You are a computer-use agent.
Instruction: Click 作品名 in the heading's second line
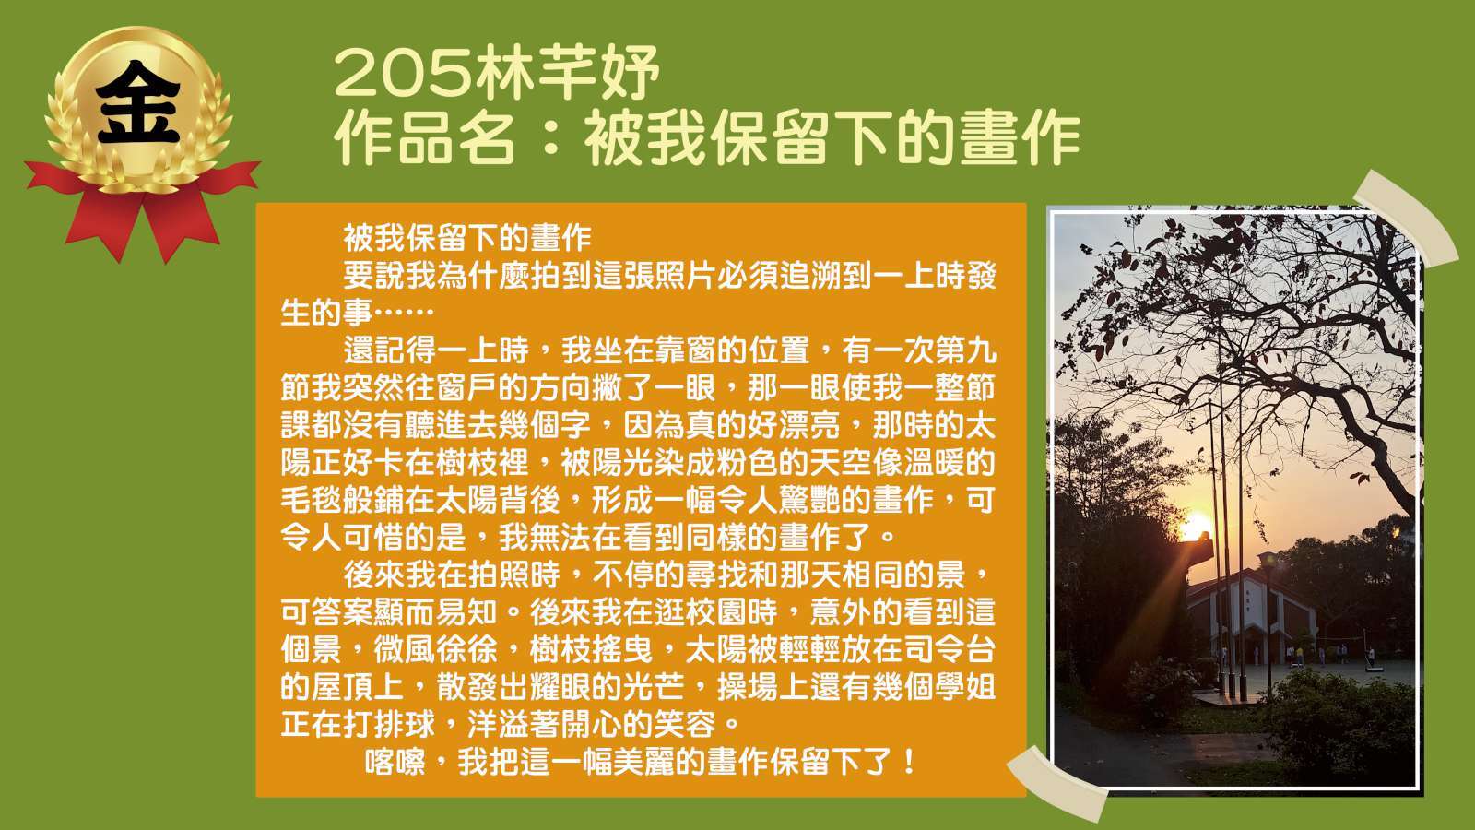[425, 138]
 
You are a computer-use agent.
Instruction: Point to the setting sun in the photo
[1195, 527]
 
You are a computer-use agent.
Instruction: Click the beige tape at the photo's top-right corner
[1406, 218]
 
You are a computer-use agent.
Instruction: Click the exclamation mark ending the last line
[910, 762]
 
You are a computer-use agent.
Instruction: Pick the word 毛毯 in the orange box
[312, 500]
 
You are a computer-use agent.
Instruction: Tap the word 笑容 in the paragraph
[684, 725]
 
